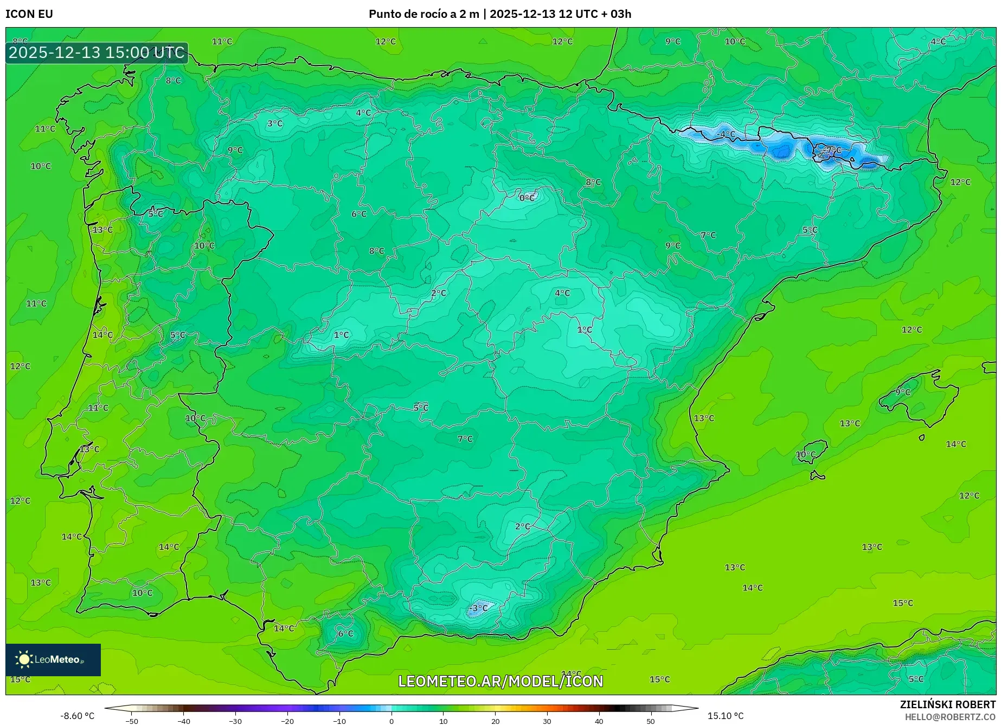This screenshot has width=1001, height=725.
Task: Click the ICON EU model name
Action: [x=29, y=14]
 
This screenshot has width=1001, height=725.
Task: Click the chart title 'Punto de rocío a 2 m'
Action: [x=424, y=14]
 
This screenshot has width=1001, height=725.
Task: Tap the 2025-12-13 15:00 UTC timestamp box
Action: [x=97, y=53]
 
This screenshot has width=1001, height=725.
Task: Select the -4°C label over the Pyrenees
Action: [x=726, y=134]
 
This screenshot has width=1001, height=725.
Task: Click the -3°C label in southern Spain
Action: [x=478, y=608]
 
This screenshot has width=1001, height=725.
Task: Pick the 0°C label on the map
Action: [x=527, y=198]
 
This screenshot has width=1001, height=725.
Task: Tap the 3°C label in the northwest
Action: [x=275, y=124]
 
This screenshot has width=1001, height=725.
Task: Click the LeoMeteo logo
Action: [x=53, y=659]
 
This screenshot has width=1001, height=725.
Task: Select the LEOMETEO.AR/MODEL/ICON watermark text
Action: [x=501, y=681]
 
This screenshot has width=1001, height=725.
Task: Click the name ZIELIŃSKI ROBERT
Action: [x=948, y=704]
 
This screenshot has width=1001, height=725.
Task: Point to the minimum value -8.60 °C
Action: [x=77, y=716]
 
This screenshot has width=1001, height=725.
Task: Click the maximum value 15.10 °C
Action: [x=726, y=716]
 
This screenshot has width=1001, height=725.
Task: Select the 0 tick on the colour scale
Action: [x=392, y=721]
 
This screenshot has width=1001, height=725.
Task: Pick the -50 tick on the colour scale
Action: [x=132, y=721]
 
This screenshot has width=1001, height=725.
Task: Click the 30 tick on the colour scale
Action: [x=547, y=721]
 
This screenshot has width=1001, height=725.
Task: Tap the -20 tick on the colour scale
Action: [x=287, y=721]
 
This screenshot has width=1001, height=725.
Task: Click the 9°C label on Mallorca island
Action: [x=903, y=392]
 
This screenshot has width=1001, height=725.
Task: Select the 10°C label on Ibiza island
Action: [x=806, y=454]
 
